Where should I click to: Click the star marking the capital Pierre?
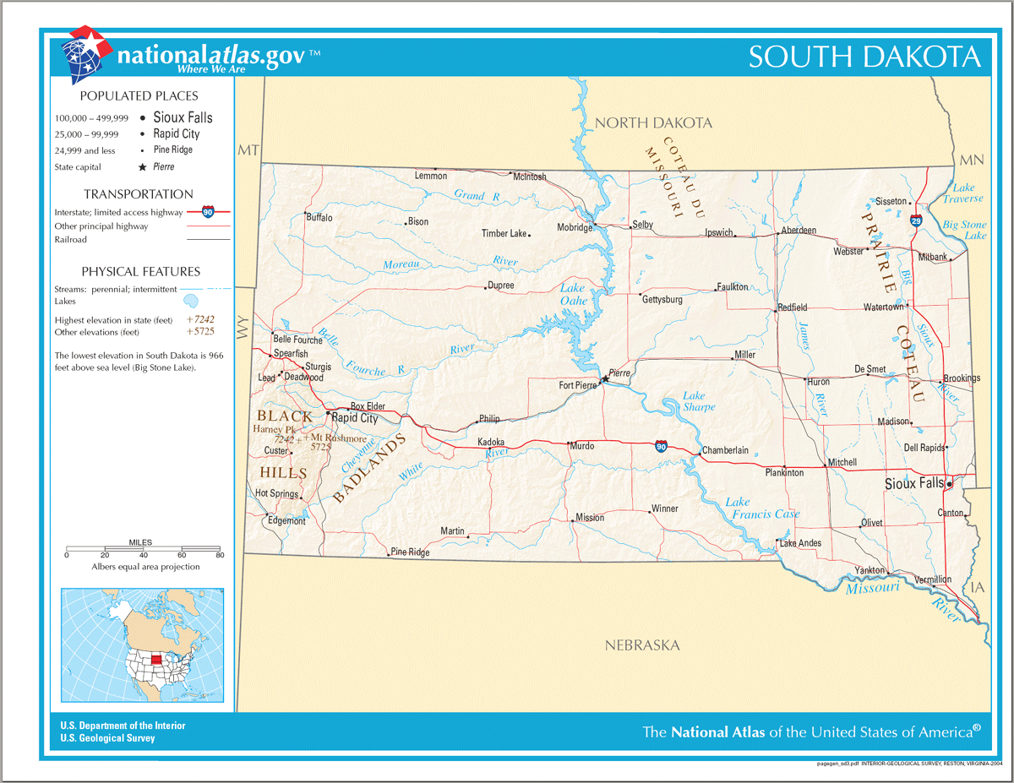click(x=604, y=380)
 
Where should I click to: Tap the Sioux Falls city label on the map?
click(x=913, y=484)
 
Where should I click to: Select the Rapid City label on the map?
click(x=354, y=417)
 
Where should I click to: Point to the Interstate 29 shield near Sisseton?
click(x=917, y=220)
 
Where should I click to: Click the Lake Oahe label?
click(x=573, y=294)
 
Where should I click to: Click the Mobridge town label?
click(x=575, y=228)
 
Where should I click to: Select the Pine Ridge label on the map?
click(x=410, y=552)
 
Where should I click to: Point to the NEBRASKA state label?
click(x=642, y=645)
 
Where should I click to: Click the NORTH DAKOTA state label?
click(x=653, y=123)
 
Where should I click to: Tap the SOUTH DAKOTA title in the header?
click(x=864, y=57)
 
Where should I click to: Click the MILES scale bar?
click(x=143, y=549)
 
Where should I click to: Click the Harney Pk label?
click(x=273, y=429)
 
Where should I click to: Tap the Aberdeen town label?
click(x=799, y=230)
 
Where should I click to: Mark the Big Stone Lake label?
click(x=964, y=230)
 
